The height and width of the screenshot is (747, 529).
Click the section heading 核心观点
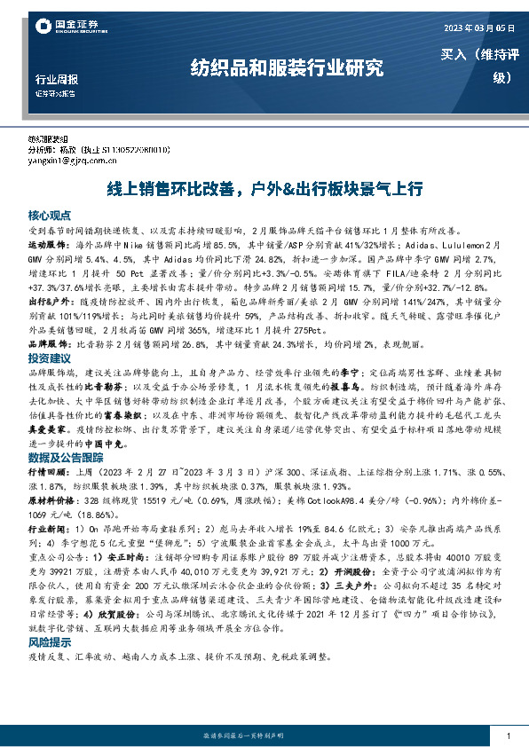[x=48, y=216]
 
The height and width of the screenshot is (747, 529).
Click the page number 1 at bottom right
[x=507, y=736]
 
